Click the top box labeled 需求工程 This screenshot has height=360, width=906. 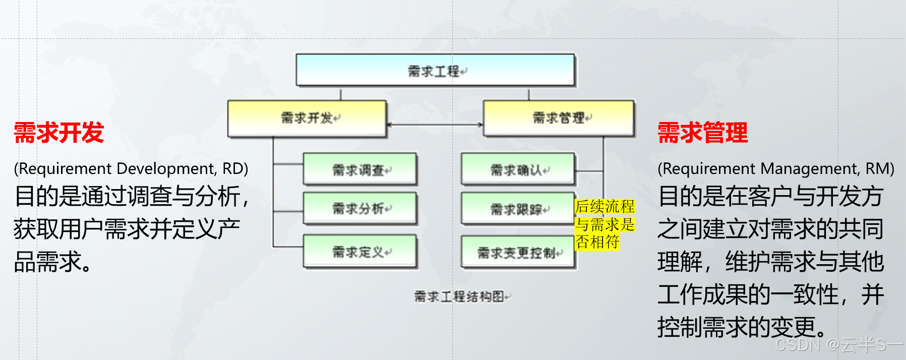(x=435, y=70)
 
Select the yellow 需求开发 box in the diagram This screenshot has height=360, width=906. (x=307, y=118)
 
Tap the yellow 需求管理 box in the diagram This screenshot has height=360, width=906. (x=559, y=118)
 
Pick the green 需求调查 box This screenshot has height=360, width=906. (x=360, y=169)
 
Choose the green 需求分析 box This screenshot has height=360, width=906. (x=360, y=208)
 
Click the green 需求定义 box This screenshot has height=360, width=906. (x=360, y=251)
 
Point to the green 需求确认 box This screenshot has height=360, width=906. (x=518, y=169)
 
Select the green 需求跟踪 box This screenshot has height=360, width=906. (x=518, y=208)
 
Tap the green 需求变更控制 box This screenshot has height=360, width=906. (x=518, y=252)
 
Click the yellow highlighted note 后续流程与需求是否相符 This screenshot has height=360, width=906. (x=604, y=224)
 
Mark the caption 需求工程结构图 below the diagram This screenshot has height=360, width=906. (x=461, y=296)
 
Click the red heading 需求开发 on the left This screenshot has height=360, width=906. (x=59, y=133)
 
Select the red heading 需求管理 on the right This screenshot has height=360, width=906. (x=702, y=133)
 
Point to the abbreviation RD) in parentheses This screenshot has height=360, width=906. (x=235, y=168)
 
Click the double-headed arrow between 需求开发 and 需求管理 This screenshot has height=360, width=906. (x=435, y=125)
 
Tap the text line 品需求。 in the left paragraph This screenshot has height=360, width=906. (x=53, y=262)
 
